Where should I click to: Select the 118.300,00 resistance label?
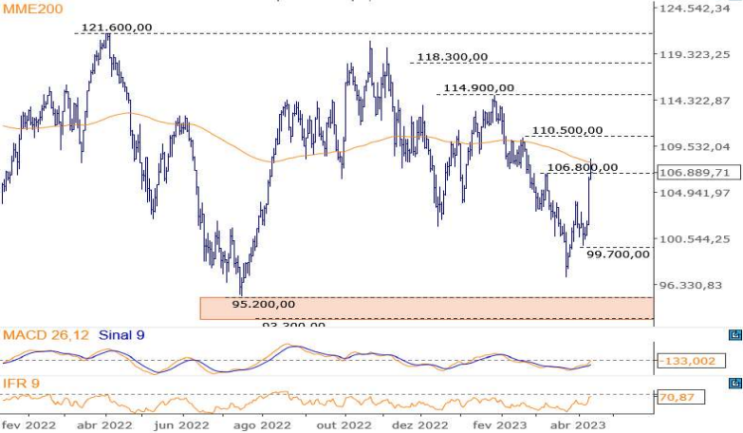(x=452, y=57)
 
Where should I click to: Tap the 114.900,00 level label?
(x=478, y=88)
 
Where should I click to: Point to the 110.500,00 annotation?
(x=567, y=130)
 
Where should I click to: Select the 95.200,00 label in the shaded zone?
(x=263, y=304)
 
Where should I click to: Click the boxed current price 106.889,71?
(x=695, y=173)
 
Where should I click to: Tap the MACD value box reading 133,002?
(x=692, y=362)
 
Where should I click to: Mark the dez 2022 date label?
(x=419, y=426)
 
